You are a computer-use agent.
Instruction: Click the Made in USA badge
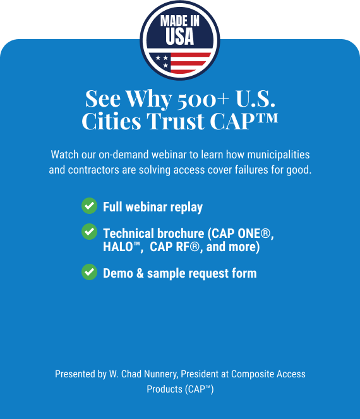tap(180, 40)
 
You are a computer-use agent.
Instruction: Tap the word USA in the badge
tap(179, 37)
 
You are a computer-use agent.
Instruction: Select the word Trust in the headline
tap(176, 121)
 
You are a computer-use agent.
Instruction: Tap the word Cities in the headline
tap(111, 121)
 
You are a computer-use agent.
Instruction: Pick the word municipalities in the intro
tap(279, 155)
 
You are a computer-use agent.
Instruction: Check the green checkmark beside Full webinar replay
tap(89, 206)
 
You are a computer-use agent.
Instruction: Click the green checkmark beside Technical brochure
tap(89, 232)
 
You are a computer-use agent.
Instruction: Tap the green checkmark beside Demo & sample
tap(89, 272)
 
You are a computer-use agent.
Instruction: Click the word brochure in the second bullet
tap(181, 233)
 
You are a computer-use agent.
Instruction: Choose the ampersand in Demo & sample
tap(140, 273)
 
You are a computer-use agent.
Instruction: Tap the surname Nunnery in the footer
tap(161, 374)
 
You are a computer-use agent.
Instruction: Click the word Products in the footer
tap(164, 389)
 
